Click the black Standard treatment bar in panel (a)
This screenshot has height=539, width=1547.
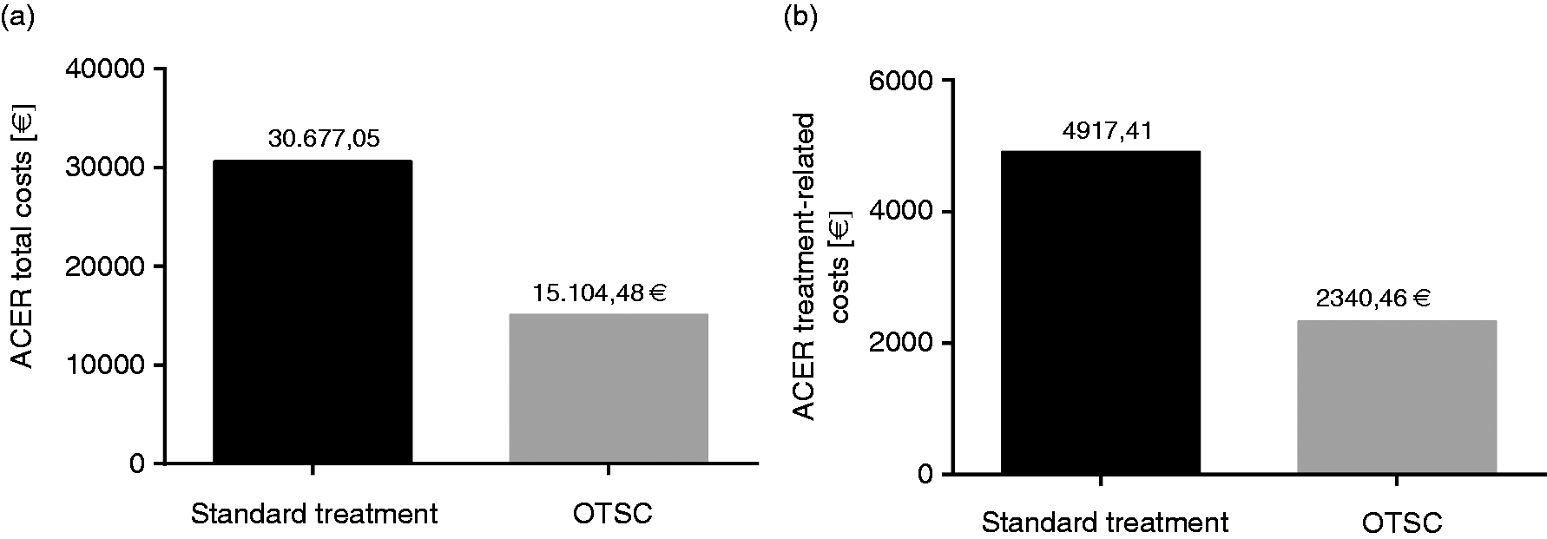[313, 312]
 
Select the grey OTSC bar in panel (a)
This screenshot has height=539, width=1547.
[609, 388]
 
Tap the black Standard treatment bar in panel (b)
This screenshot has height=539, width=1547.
[1101, 312]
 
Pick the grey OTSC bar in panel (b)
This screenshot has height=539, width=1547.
[1397, 398]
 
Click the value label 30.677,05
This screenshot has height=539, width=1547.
[324, 139]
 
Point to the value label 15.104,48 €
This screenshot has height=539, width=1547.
[600, 293]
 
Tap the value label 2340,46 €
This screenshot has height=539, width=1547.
[1373, 299]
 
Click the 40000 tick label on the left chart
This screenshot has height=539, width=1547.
[105, 69]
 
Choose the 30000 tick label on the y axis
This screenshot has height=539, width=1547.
[105, 168]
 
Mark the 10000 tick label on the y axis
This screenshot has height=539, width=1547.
[105, 365]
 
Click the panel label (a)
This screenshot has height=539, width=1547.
[17, 16]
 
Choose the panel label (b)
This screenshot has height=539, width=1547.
[800, 16]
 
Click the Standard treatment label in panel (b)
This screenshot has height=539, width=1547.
[1105, 523]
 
